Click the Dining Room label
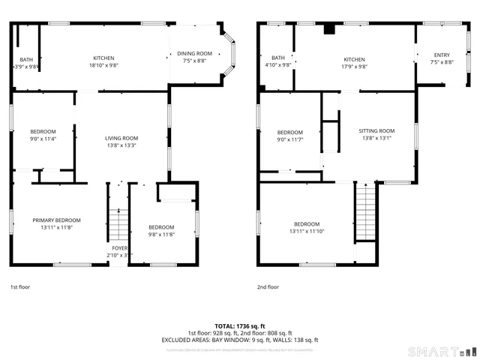point(194,53)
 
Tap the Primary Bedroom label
point(56,220)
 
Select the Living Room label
point(121,138)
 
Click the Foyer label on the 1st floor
point(120,247)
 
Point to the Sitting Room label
point(376,130)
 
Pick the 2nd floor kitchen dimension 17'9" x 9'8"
point(354,66)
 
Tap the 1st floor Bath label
point(26,59)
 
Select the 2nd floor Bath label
point(278,58)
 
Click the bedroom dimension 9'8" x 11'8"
point(160,234)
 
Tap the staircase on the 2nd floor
point(364,214)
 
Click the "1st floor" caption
point(20,286)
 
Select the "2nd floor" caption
point(268,286)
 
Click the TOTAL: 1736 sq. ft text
point(239,326)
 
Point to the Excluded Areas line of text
point(239,340)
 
